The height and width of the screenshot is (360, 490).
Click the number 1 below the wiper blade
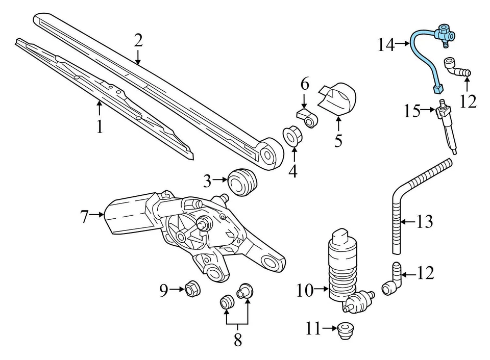tap(100, 126)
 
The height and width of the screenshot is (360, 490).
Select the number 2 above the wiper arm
tap(138, 40)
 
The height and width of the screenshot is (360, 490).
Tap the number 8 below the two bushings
tap(238, 340)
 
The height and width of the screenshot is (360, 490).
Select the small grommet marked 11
tap(346, 331)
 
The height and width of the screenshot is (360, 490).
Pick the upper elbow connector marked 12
tap(457, 69)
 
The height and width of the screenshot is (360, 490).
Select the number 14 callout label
tap(386, 45)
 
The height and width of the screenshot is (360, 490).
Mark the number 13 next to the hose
tap(424, 222)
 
